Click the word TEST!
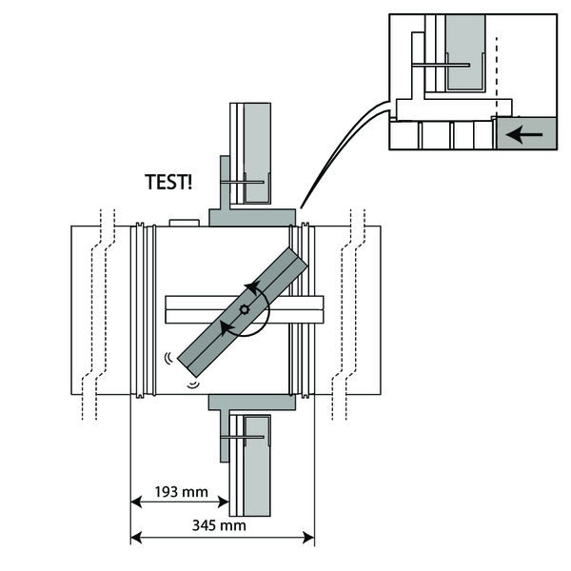pos(167,182)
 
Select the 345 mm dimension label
pos(221,524)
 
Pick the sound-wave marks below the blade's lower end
pos(193,384)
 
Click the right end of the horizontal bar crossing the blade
pos(322,308)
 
